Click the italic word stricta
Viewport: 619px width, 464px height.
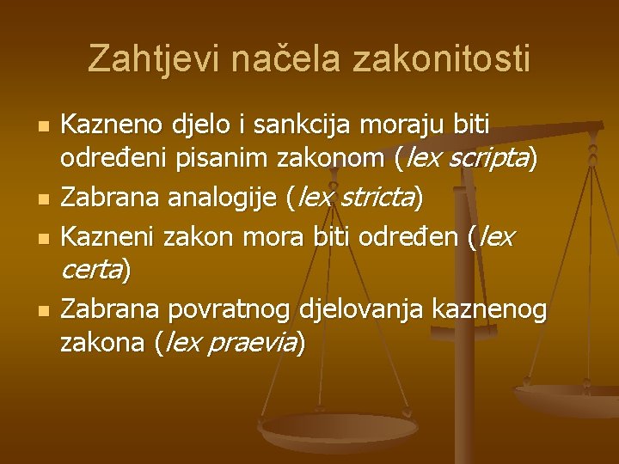[x=376, y=198]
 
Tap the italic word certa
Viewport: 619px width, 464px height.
[x=90, y=271]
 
